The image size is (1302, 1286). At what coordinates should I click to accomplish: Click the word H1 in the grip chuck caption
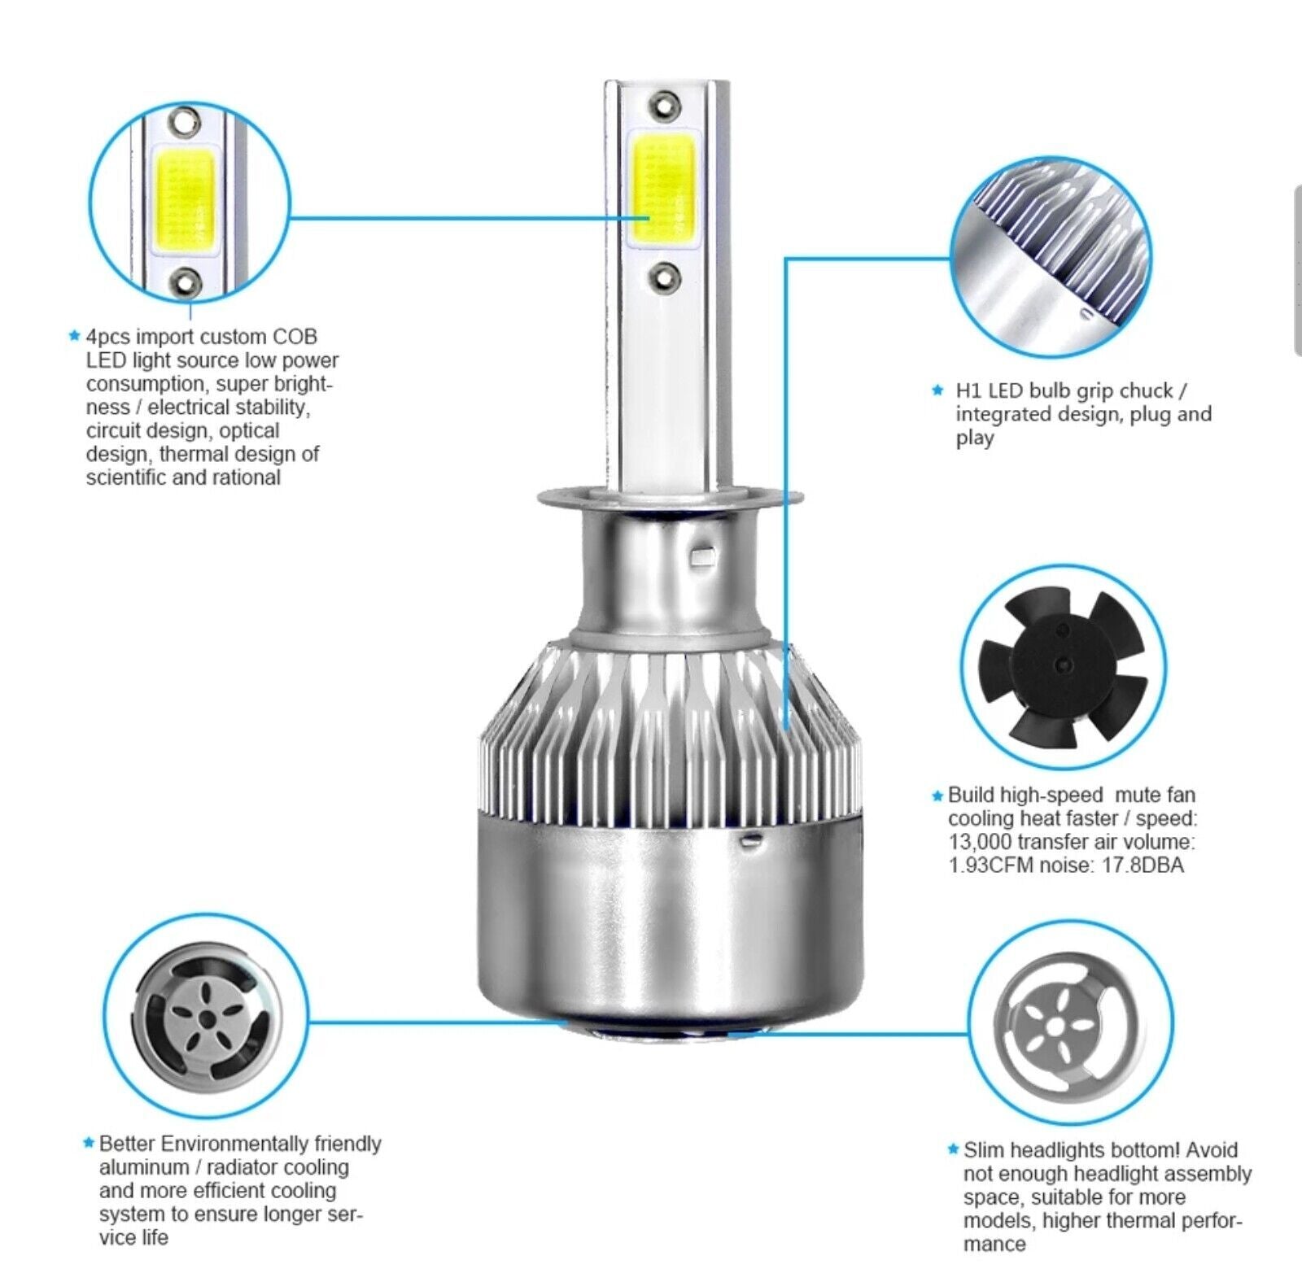[968, 390]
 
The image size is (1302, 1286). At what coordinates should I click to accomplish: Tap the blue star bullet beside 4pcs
[76, 336]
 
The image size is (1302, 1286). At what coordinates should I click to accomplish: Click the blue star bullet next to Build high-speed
[937, 796]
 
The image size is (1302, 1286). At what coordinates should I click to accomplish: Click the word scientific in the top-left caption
[126, 477]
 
